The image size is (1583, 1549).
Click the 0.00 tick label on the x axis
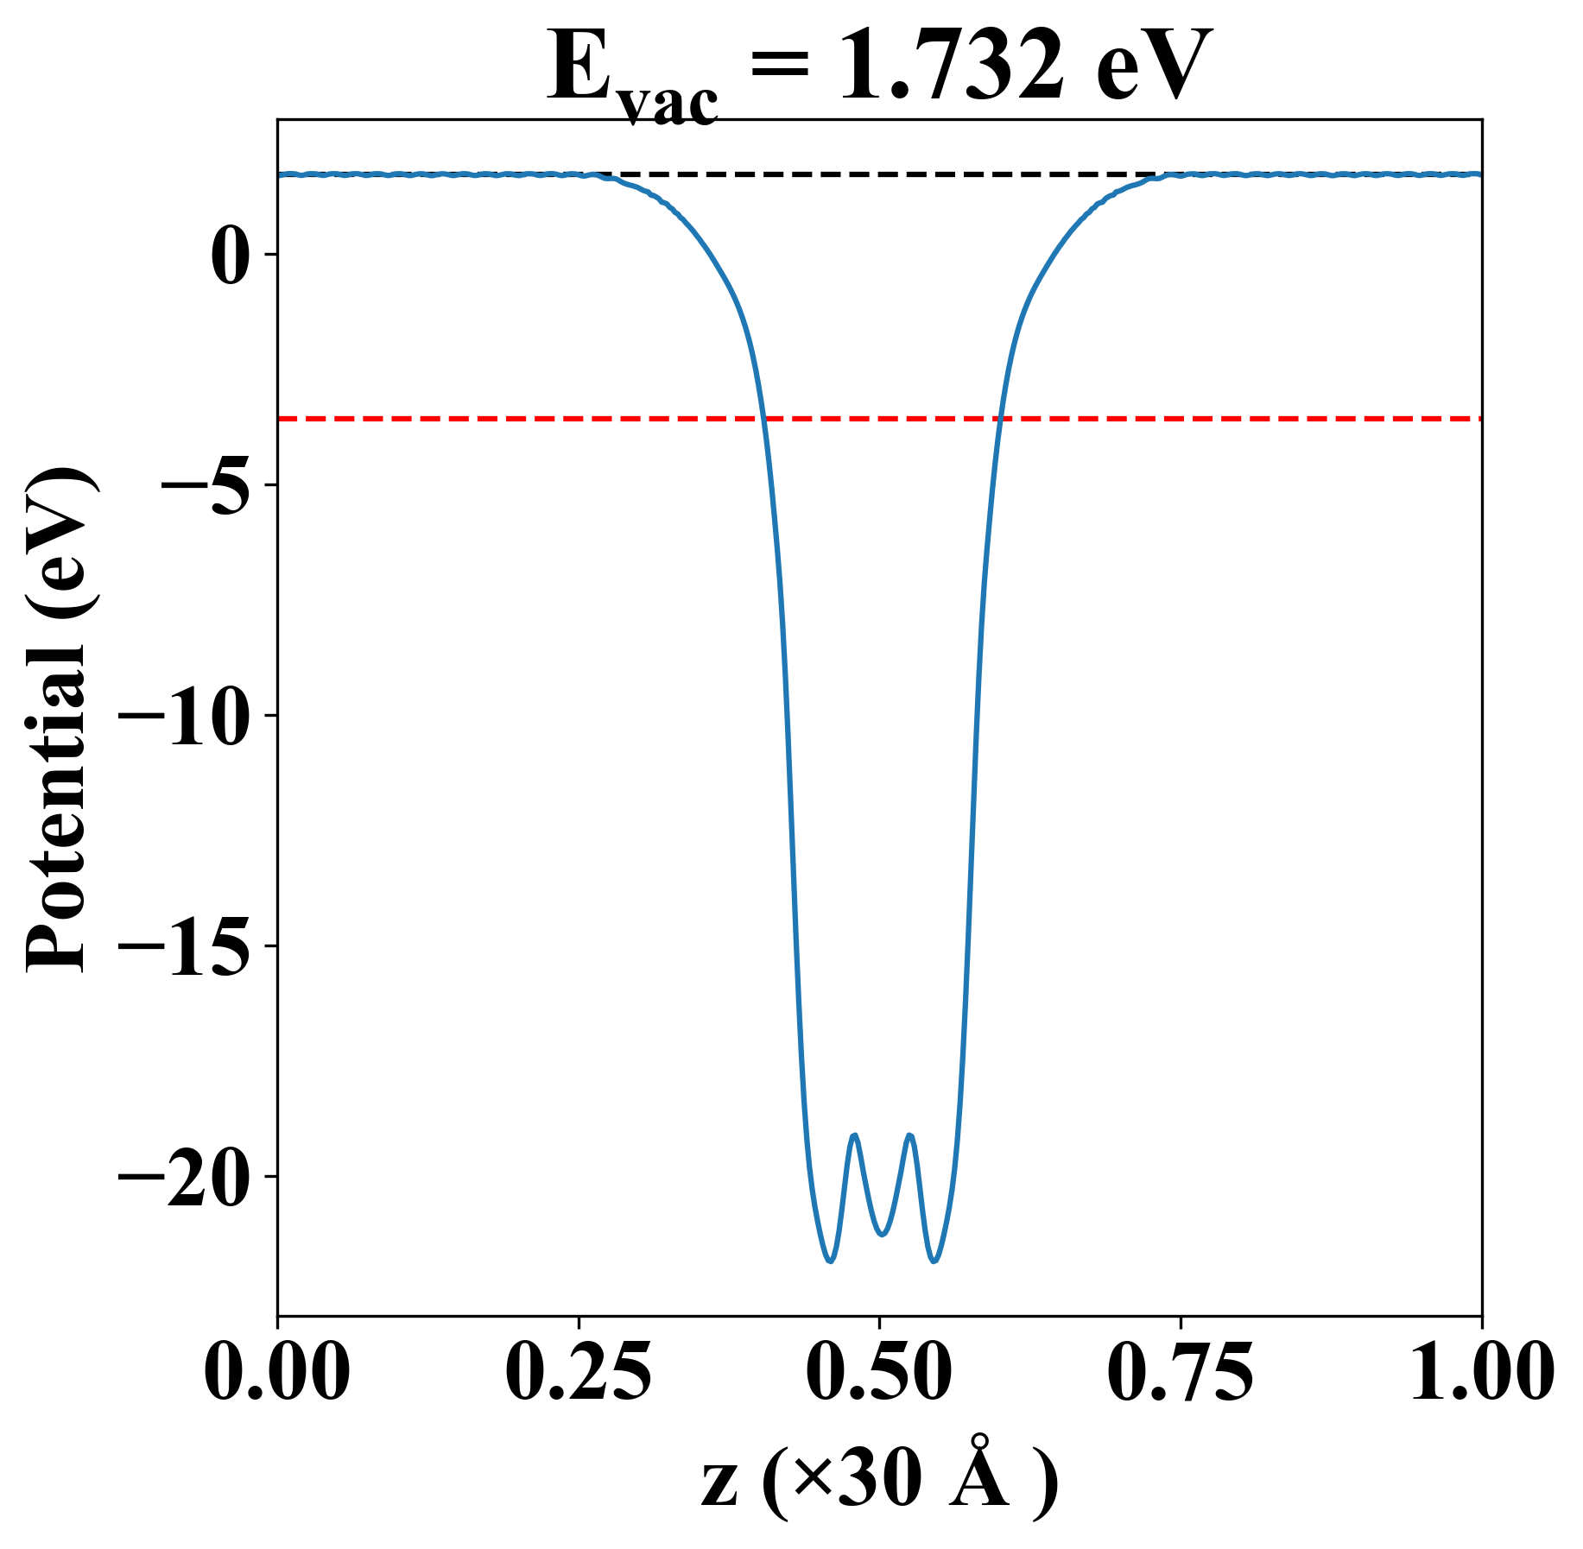point(277,1372)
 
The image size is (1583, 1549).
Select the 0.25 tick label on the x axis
point(578,1372)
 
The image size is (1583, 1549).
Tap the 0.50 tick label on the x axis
point(879,1372)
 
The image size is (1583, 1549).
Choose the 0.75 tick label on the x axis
point(1180,1372)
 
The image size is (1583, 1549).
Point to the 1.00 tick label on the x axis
point(1480,1372)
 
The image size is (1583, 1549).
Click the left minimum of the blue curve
point(830,1261)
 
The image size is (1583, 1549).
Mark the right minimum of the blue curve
point(934,1261)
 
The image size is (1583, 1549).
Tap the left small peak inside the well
point(855,1135)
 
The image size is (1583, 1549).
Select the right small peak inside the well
point(909,1135)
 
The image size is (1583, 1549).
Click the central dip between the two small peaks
point(882,1234)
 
